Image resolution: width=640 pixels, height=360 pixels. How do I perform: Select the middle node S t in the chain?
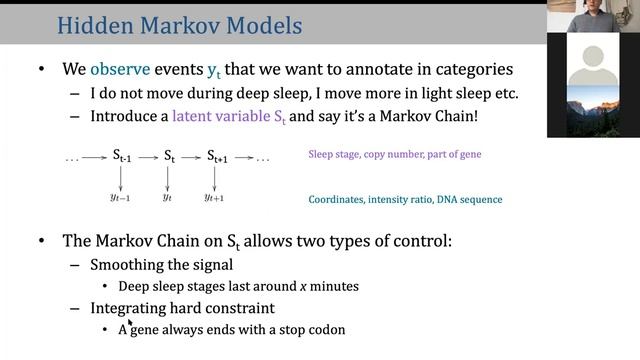coord(169,156)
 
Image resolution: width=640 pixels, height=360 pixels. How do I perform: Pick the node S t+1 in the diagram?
coord(217,156)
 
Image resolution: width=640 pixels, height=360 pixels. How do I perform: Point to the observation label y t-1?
coord(121,198)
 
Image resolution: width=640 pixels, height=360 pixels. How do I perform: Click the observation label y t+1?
coord(214,198)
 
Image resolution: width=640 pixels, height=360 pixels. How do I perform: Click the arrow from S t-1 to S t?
coord(147,157)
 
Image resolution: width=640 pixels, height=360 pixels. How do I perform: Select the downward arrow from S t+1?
coord(215,178)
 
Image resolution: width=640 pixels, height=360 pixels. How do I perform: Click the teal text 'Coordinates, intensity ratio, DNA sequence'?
coord(405,199)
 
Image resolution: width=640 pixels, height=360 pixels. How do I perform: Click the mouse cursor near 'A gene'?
coord(130,323)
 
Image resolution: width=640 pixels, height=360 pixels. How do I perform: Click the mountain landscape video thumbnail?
coord(593,112)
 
